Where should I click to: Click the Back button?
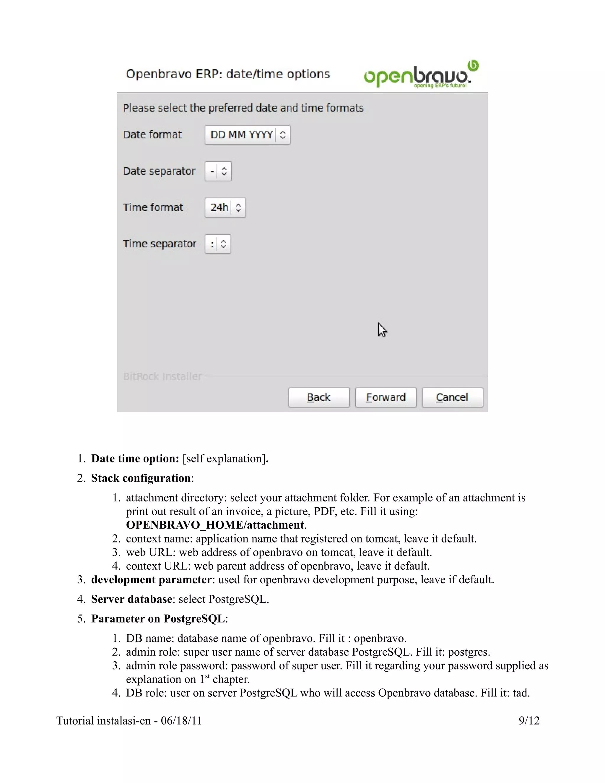coord(319,397)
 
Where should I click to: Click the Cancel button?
coord(452,397)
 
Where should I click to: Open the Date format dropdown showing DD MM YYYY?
coord(247,135)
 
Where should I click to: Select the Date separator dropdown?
coord(218,171)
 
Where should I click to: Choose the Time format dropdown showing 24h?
coord(225,208)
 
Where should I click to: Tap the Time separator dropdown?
coord(217,244)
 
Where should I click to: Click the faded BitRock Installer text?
coord(162,376)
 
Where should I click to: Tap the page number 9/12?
coord(529,721)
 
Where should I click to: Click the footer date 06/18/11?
coord(181,721)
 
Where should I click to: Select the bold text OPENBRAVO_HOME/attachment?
coord(215,525)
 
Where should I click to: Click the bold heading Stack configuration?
coord(141,478)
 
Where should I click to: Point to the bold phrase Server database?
coord(131,599)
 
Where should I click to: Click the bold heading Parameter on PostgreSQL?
coord(158,619)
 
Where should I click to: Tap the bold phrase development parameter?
coord(151,580)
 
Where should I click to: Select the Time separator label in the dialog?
coord(160,244)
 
